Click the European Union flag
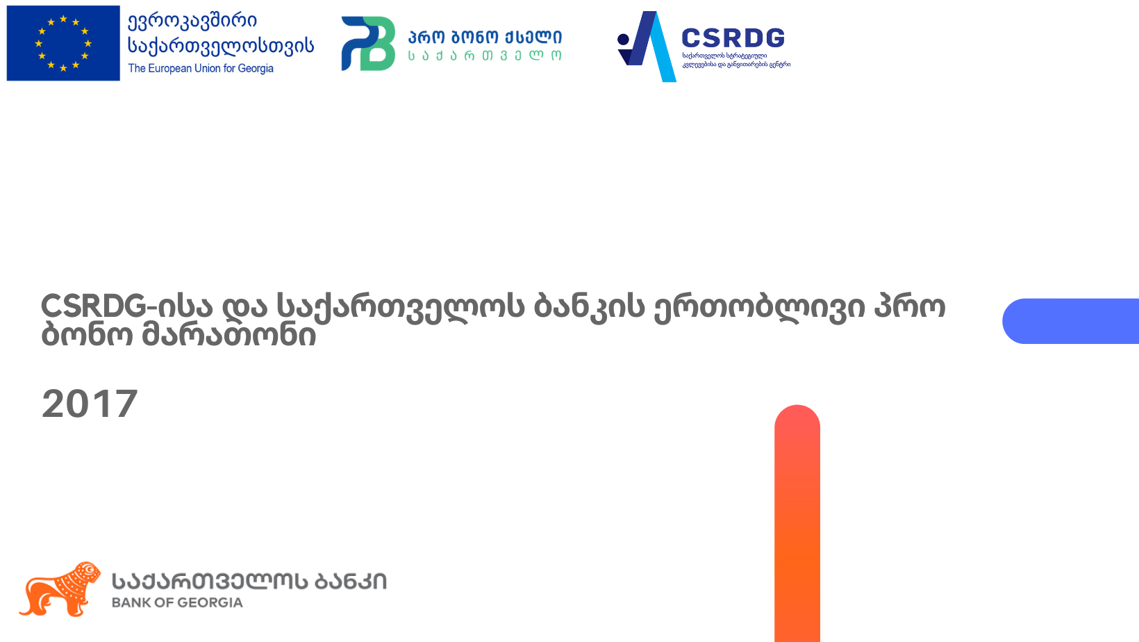click(x=63, y=43)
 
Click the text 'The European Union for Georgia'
click(x=200, y=68)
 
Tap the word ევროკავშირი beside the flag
click(x=192, y=22)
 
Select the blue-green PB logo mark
click(x=368, y=43)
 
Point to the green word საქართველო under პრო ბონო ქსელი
click(x=485, y=56)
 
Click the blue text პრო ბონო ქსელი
click(x=485, y=37)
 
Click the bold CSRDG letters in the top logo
click(x=733, y=38)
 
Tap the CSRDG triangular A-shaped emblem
click(x=647, y=46)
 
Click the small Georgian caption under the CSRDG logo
click(x=736, y=60)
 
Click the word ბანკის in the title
click(x=590, y=306)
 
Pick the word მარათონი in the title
click(x=228, y=336)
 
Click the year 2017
click(x=90, y=404)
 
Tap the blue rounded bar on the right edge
click(x=1070, y=321)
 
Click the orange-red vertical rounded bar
click(x=797, y=523)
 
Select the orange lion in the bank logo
click(x=60, y=588)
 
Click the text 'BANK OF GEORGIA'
click(x=177, y=603)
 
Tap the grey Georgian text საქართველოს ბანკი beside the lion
click(x=249, y=582)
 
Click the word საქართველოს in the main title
click(x=400, y=307)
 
